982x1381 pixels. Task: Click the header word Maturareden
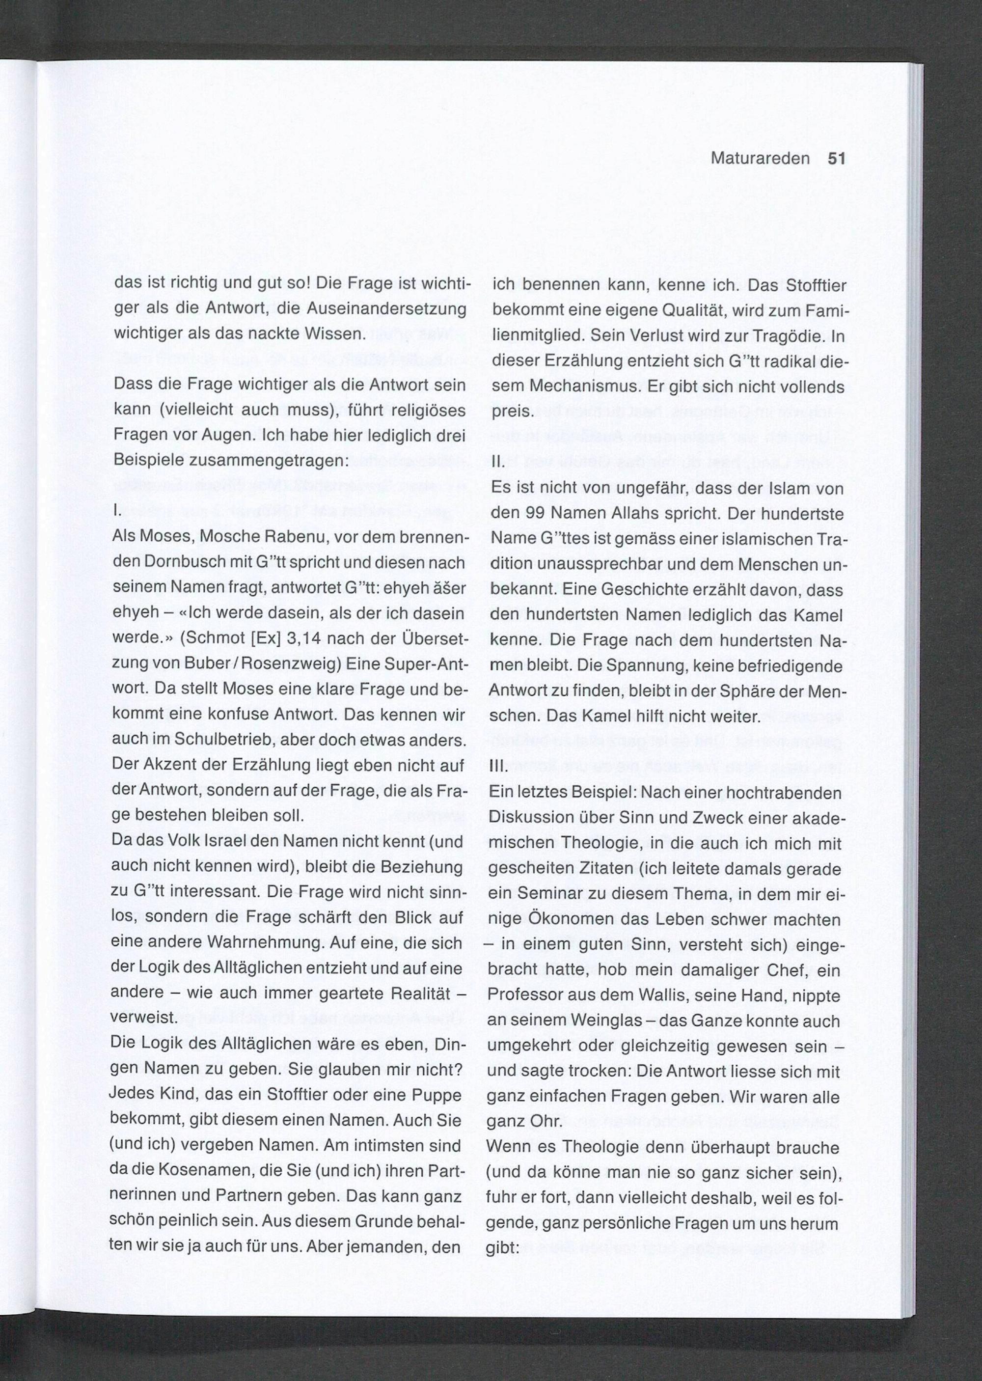760,159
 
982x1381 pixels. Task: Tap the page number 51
836,159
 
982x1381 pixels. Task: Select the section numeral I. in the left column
117,511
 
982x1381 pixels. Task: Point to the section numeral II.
498,463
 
